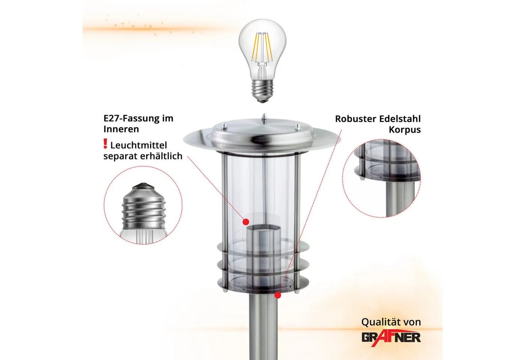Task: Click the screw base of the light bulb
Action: pyautogui.click(x=262, y=91)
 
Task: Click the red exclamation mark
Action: pyautogui.click(x=105, y=143)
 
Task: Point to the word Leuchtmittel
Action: pyautogui.click(x=138, y=145)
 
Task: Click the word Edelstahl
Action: pyautogui.click(x=399, y=118)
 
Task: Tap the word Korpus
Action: pyautogui.click(x=405, y=130)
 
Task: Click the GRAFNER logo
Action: pyautogui.click(x=391, y=338)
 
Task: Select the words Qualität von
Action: pyautogui.click(x=391, y=322)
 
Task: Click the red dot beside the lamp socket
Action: pyautogui.click(x=246, y=222)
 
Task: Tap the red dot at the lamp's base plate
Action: pyautogui.click(x=278, y=295)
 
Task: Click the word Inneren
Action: pyautogui.click(x=121, y=129)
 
